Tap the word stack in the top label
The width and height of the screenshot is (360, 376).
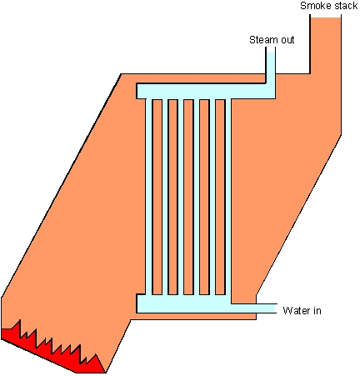346,6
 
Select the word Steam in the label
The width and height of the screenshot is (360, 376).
264,40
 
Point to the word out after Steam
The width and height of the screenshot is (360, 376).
287,40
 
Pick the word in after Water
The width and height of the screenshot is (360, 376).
317,310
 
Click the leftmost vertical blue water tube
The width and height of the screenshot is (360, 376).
149,197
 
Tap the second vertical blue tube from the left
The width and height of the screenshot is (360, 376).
165,197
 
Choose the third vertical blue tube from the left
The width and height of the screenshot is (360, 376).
181,197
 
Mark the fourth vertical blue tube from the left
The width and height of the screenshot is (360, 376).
197,197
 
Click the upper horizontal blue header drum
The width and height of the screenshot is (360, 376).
206,91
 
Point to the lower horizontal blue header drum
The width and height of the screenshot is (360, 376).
184,303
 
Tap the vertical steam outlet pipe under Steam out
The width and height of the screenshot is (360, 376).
271,68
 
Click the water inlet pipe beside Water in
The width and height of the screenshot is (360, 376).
253,308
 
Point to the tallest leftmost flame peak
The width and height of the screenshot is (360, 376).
20,320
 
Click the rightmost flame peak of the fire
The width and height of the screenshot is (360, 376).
96,354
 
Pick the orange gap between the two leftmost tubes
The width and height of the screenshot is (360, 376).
157,197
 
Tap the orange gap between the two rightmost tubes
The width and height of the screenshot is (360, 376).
220,197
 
